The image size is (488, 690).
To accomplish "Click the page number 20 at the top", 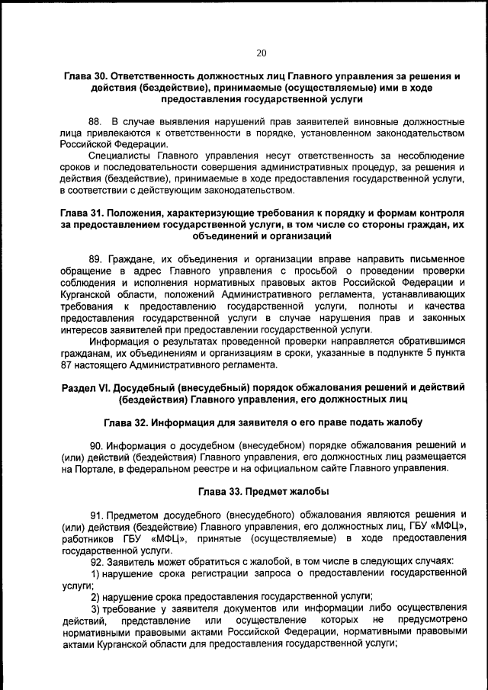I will (262, 53).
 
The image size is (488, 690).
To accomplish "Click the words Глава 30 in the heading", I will (85, 76).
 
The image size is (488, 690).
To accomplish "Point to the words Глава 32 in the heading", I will (127, 422).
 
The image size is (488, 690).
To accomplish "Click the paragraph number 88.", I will (95, 121).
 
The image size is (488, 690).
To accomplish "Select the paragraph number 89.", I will (95, 259).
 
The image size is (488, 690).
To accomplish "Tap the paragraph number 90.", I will (95, 444).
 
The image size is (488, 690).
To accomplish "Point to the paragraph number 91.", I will (95, 514).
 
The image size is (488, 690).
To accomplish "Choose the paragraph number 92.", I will (95, 560).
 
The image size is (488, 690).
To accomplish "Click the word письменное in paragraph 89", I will (436, 259).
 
